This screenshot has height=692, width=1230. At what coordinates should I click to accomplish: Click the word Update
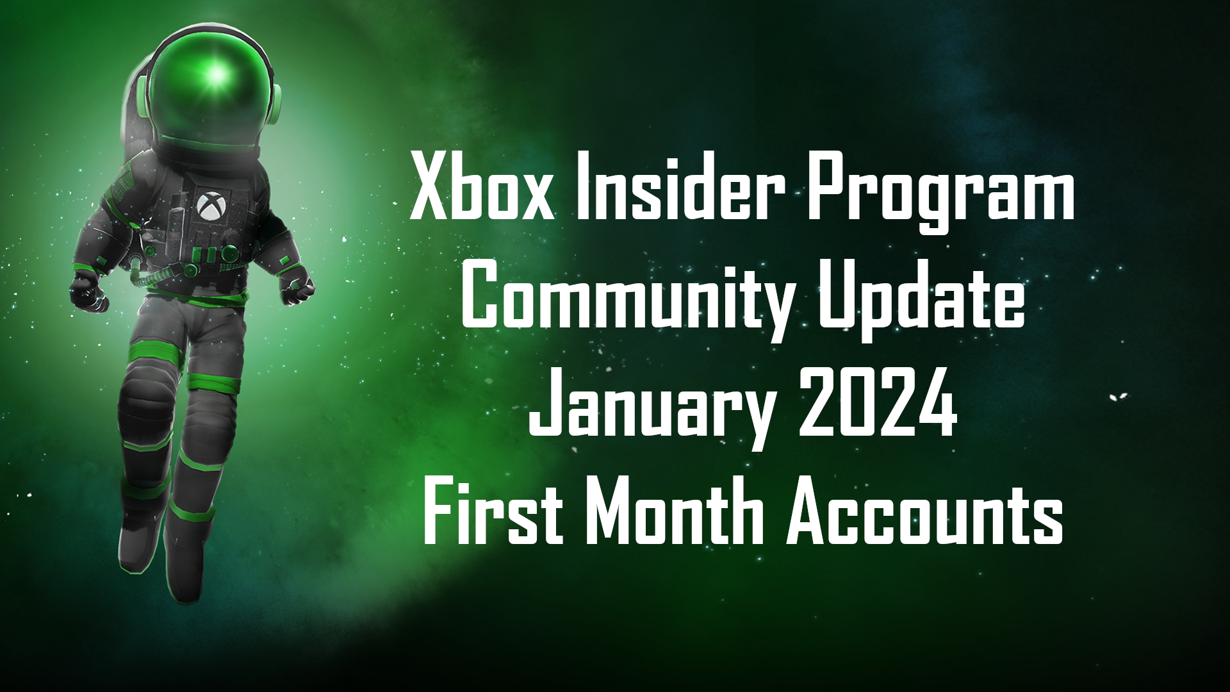coord(921,301)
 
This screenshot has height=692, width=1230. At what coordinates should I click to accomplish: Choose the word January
coord(650,411)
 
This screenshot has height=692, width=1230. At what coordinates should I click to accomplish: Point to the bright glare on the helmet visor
coord(217,76)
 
